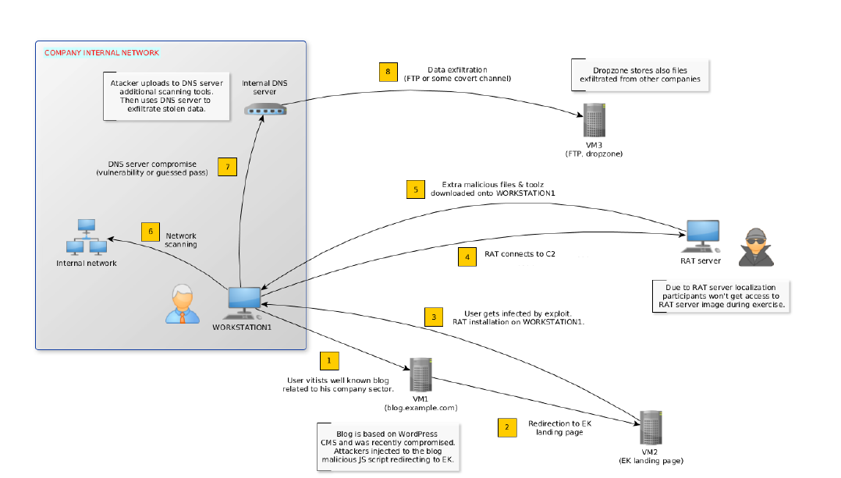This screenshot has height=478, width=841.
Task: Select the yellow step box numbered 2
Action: [x=507, y=427]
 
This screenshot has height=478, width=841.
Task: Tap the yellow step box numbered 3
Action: [x=434, y=316]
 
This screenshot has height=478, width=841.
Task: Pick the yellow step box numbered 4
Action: [x=467, y=257]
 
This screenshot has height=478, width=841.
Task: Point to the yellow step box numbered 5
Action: [x=416, y=189]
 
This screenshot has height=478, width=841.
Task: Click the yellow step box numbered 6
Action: [x=151, y=232]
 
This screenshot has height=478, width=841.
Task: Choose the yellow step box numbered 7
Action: [x=226, y=167]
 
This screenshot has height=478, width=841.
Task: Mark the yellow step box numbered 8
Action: [x=388, y=72]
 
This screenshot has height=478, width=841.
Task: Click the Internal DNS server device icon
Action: [x=265, y=111]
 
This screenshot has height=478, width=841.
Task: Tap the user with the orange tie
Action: [x=182, y=303]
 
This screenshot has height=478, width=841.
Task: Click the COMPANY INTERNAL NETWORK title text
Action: [x=101, y=53]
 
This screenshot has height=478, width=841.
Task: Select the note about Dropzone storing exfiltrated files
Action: [x=641, y=75]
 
